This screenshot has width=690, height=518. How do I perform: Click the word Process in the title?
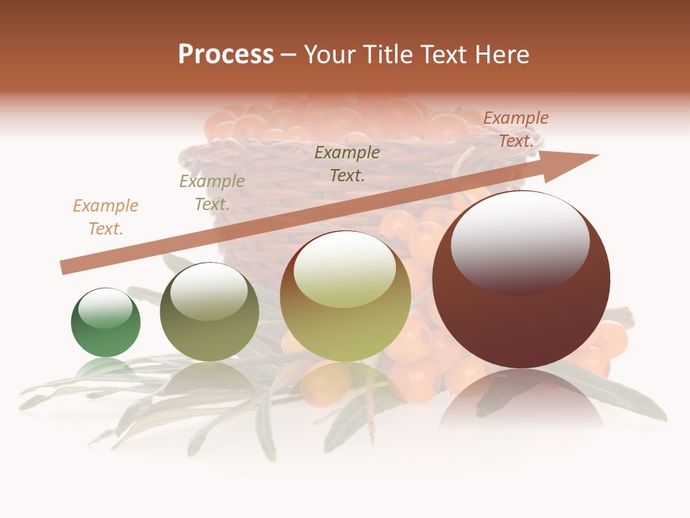click(x=226, y=55)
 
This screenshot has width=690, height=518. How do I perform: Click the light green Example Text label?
click(x=212, y=193)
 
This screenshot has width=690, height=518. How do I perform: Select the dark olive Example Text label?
click(x=347, y=163)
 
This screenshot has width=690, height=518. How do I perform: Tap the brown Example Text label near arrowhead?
click(x=516, y=129)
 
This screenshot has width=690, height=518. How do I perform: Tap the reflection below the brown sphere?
click(x=521, y=399)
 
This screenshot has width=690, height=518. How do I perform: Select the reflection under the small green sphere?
click(x=105, y=367)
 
